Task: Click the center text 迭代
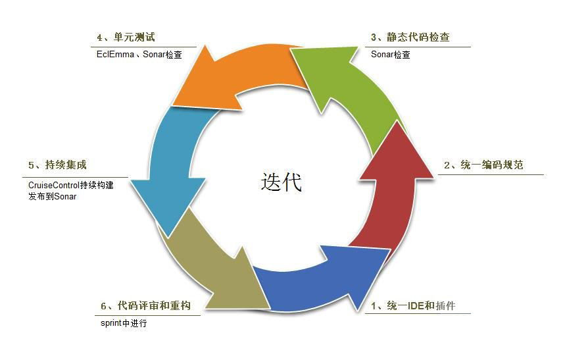point(281,182)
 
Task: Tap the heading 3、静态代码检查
point(410,38)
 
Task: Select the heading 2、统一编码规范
point(483,165)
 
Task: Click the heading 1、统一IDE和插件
point(414,305)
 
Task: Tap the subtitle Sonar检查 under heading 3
point(390,55)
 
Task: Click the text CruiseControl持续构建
point(71,185)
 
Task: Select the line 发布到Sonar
point(53,196)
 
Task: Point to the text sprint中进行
point(124,323)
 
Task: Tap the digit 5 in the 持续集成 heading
point(32,165)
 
